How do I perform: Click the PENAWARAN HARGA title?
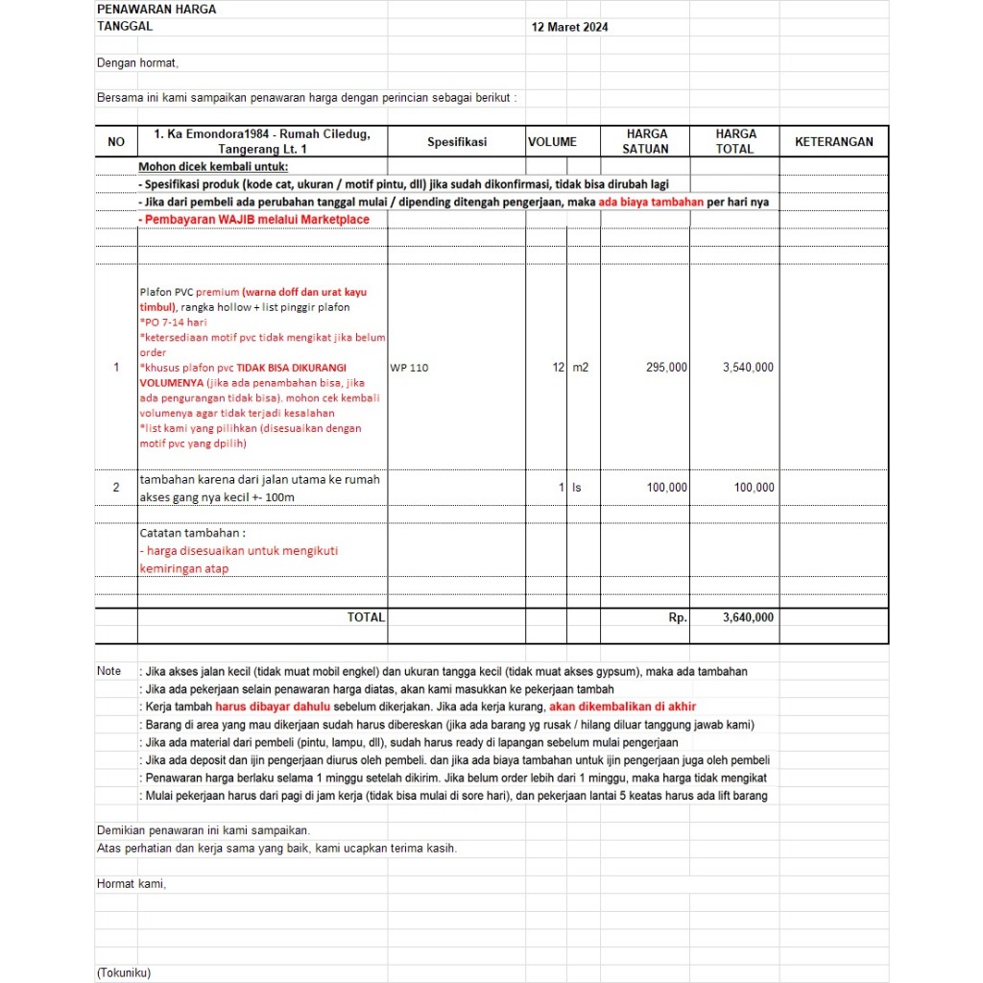pyautogui.click(x=156, y=10)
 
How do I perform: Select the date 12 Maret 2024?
pyautogui.click(x=569, y=27)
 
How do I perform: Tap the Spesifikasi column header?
pyautogui.click(x=457, y=142)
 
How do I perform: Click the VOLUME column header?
pyautogui.click(x=552, y=142)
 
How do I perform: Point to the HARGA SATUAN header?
pyautogui.click(x=646, y=142)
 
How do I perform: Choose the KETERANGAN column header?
pyautogui.click(x=834, y=142)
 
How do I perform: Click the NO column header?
pyautogui.click(x=116, y=142)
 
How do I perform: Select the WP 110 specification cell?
pyautogui.click(x=410, y=368)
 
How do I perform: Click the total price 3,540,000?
pyautogui.click(x=748, y=368)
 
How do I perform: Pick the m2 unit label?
pyautogui.click(x=580, y=368)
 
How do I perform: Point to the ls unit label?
pyautogui.click(x=577, y=488)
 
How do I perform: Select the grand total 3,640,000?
pyautogui.click(x=748, y=618)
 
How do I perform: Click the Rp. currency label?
pyautogui.click(x=678, y=618)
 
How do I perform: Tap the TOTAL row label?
pyautogui.click(x=366, y=618)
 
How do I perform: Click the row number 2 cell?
pyautogui.click(x=116, y=488)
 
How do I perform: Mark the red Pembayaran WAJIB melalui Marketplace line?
pyautogui.click(x=253, y=220)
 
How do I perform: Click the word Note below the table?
pyautogui.click(x=109, y=672)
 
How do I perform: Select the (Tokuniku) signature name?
pyautogui.click(x=124, y=972)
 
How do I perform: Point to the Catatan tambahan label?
pyautogui.click(x=193, y=533)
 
